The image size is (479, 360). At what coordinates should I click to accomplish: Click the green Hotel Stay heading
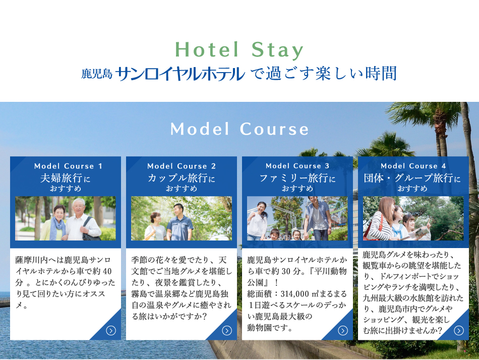coord(239,50)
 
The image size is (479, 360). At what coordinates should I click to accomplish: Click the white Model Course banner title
coord(239,129)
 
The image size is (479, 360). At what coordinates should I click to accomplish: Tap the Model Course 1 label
coord(68,166)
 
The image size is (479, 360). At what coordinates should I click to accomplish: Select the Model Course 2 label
coord(182,166)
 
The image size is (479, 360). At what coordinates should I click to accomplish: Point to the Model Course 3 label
coord(297,166)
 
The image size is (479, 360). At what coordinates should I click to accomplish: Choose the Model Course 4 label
coord(413,166)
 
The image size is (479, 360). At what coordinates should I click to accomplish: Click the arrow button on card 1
coord(111,330)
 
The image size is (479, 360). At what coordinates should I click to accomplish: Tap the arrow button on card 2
coord(227,330)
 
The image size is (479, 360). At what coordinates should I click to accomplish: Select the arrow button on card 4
coord(459,330)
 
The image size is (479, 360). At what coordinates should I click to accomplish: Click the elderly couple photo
coord(66,218)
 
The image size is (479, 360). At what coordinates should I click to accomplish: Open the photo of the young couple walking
coord(182,218)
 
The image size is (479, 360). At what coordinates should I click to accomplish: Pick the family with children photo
coord(297,218)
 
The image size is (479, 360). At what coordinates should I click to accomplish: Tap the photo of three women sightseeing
coord(413,218)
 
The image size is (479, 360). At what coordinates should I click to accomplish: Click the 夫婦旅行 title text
coord(61,178)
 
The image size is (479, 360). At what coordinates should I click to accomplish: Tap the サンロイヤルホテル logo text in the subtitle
coord(180,74)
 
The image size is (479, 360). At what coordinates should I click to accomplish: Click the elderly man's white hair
coord(79,202)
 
